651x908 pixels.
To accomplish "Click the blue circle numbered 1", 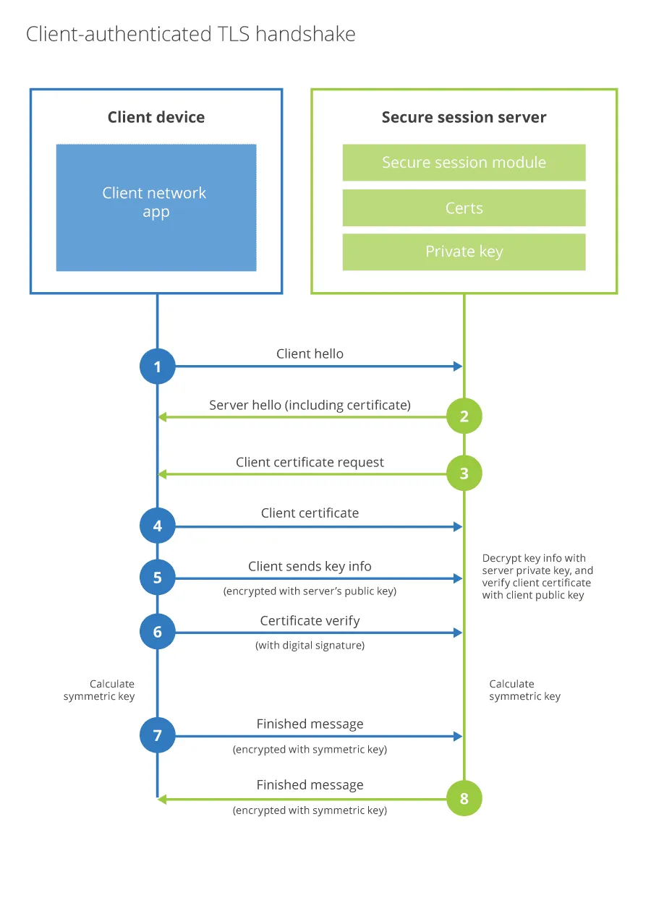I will coord(158,367).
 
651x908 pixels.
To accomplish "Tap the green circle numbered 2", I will coord(464,416).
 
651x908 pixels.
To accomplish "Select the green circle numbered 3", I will coord(464,474).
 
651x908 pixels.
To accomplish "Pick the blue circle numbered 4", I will coord(158,526).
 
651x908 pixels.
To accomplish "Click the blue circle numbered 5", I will coord(158,578).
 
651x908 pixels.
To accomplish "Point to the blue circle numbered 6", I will coord(158,632).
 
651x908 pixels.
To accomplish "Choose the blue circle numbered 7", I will coord(158,736).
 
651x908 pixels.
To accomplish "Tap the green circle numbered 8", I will coord(464,798).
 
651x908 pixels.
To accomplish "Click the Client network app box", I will coord(156,207).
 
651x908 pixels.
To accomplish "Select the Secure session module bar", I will coord(464,163).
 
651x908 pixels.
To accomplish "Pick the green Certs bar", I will coord(464,208).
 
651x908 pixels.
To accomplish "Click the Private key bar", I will coord(464,252).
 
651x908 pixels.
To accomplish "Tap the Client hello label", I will coord(310,354).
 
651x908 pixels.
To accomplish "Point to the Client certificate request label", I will coord(310,463).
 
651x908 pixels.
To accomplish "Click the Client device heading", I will coord(156,117).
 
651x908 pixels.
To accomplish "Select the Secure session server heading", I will coord(464,117).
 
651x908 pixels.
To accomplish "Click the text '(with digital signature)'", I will coord(310,646).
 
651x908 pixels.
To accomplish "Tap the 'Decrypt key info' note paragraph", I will coord(537,577).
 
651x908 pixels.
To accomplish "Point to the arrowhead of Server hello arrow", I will coord(163,417).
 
